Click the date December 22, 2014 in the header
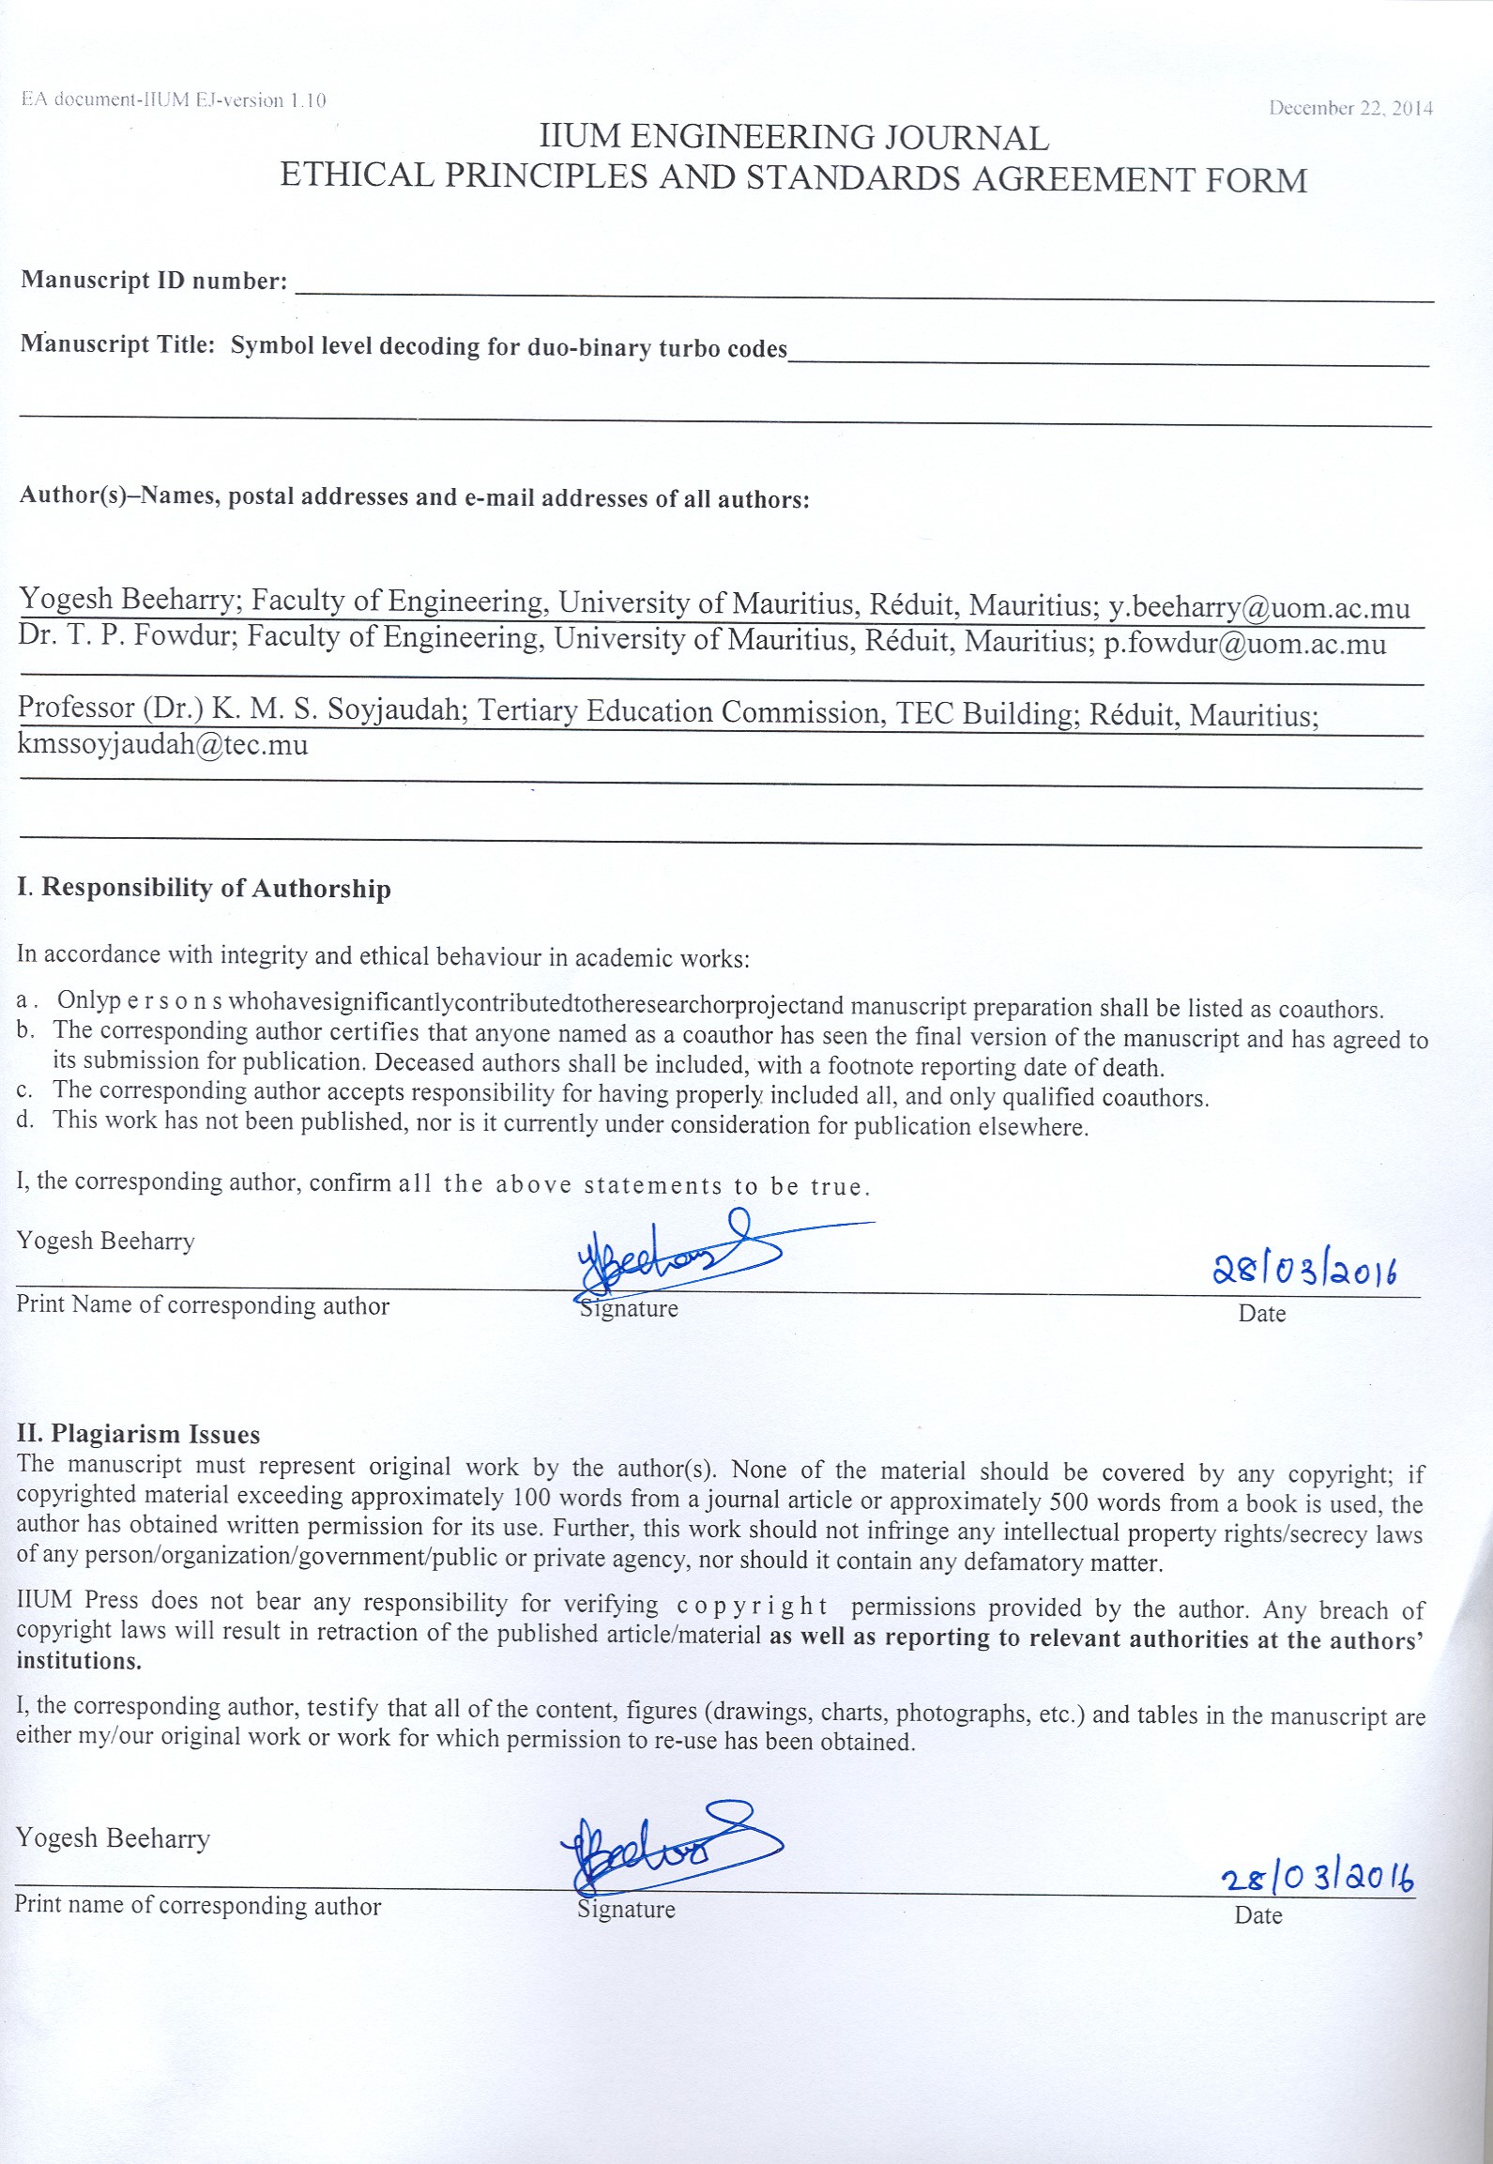coord(1350,108)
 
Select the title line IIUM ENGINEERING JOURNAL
coord(793,138)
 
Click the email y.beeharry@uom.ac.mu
coord(1258,607)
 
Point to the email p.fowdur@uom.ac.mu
coord(1244,645)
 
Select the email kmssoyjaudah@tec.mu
coord(162,745)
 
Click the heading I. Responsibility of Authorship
coord(204,888)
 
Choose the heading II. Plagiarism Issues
coord(138,1434)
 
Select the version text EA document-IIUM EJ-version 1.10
coord(174,100)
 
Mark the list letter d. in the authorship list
coord(25,1120)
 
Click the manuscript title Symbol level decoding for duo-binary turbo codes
coord(509,347)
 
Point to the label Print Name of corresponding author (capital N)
coord(203,1305)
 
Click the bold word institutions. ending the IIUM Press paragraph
coord(79,1661)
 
